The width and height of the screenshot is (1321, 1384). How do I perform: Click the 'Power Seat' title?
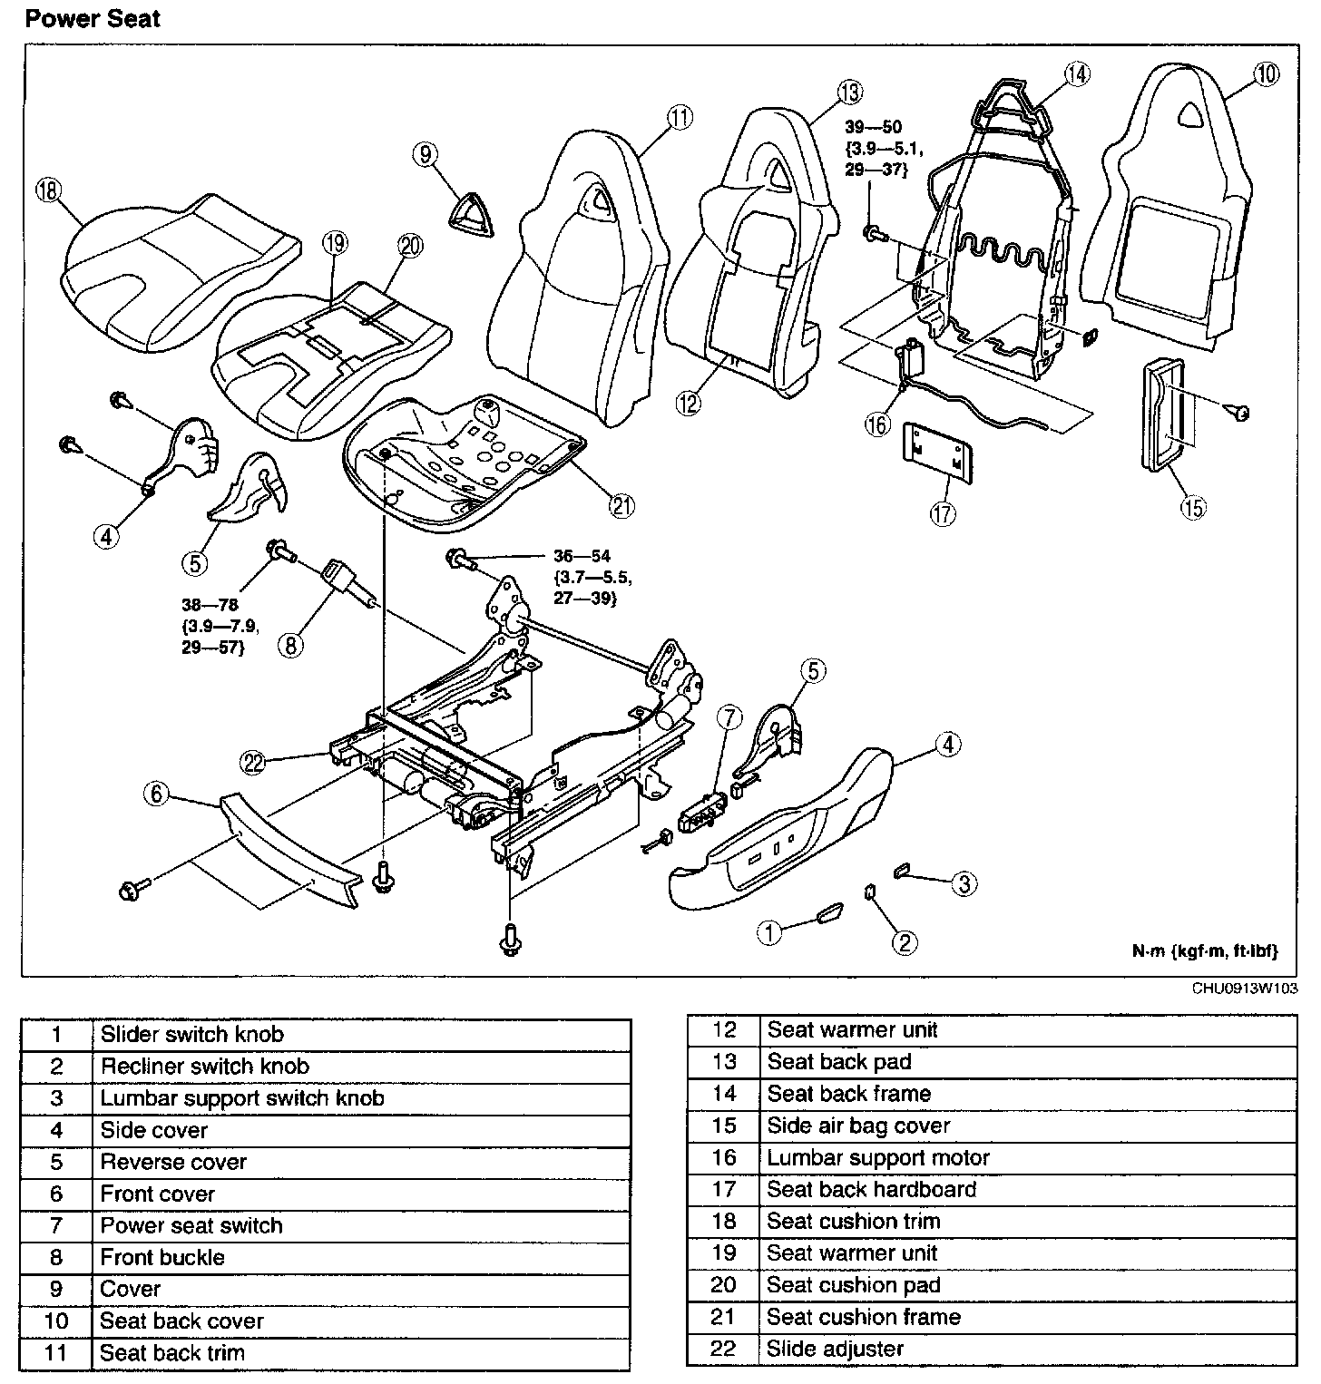93,19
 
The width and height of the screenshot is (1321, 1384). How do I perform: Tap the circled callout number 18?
46,190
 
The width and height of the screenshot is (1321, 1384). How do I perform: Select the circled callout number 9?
426,154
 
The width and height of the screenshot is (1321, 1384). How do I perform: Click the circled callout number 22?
254,763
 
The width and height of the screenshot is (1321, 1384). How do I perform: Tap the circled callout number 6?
157,794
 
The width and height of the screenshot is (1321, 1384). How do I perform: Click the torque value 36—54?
582,556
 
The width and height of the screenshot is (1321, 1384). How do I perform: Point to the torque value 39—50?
873,128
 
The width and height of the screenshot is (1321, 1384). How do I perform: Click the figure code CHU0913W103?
1245,989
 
